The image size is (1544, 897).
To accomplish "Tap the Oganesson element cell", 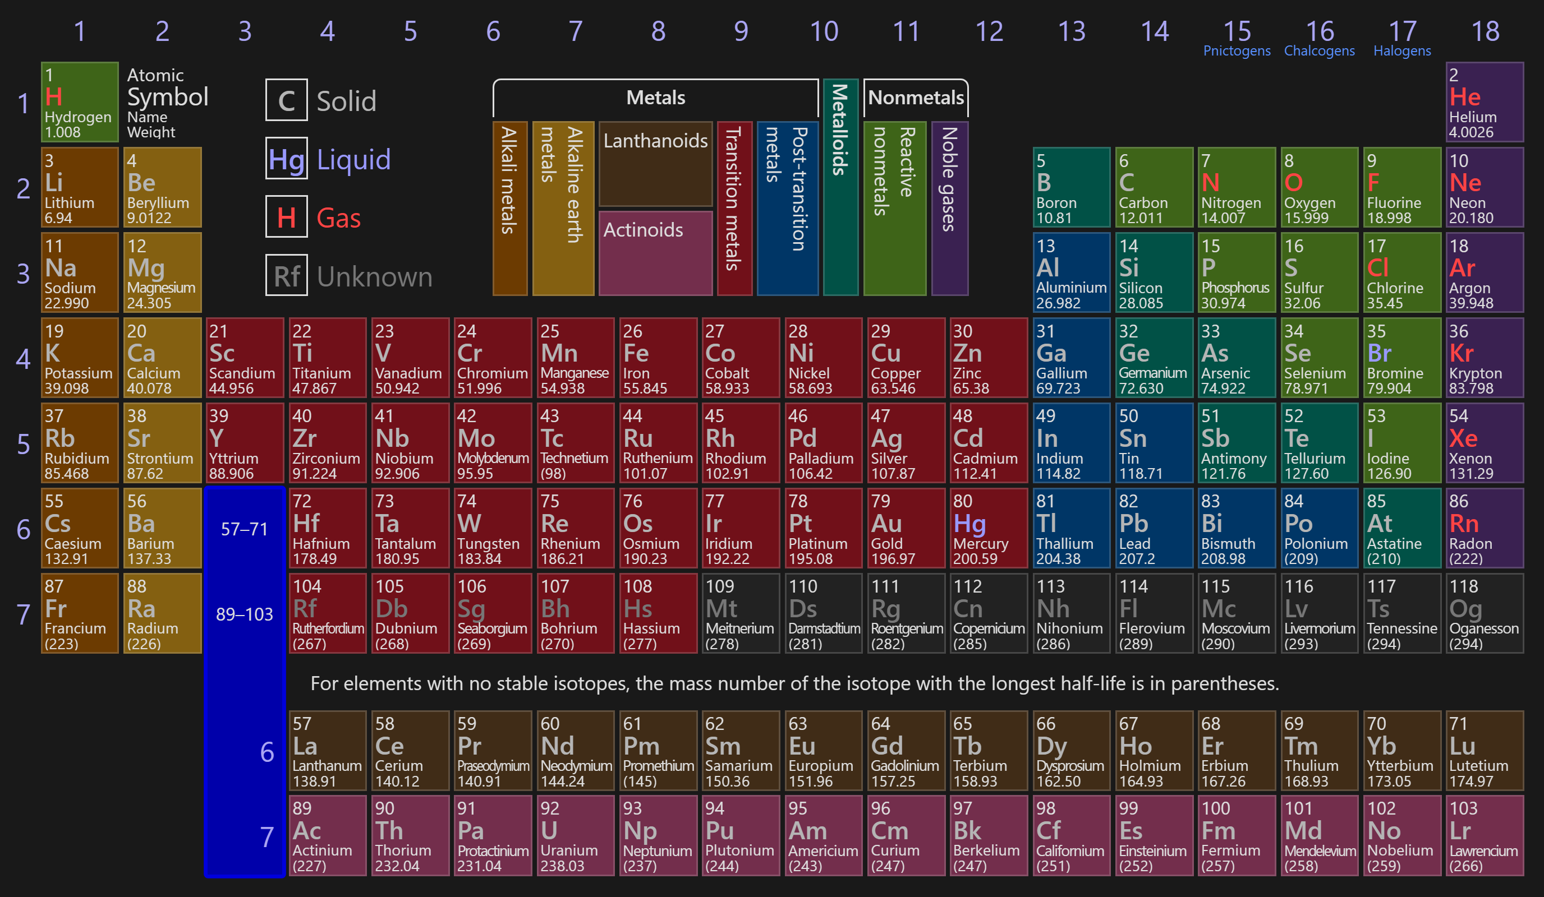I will click(1485, 613).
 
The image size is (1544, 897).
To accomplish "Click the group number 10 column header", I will click(824, 31).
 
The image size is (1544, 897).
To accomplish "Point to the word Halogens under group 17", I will click(1402, 51).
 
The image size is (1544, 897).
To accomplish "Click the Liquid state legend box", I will click(286, 159).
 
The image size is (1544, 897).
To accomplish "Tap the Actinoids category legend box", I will click(655, 253).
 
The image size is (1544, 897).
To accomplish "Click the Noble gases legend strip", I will click(949, 208).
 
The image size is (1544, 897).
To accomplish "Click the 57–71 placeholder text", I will click(245, 529).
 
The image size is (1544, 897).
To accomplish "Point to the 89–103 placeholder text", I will click(245, 614).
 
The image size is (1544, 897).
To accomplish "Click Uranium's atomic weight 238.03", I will click(563, 866).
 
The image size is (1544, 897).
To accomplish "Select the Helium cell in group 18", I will click(1485, 102).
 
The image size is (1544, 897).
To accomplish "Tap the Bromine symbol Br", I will click(1379, 353).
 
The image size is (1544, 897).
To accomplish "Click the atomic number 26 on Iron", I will click(632, 331).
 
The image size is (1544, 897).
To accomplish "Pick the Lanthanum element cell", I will click(327, 751).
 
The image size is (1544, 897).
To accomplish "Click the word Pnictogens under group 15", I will click(1237, 51).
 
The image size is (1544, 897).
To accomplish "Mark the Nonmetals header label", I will click(916, 98).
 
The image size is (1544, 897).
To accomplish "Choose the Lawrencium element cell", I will click(1485, 836).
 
